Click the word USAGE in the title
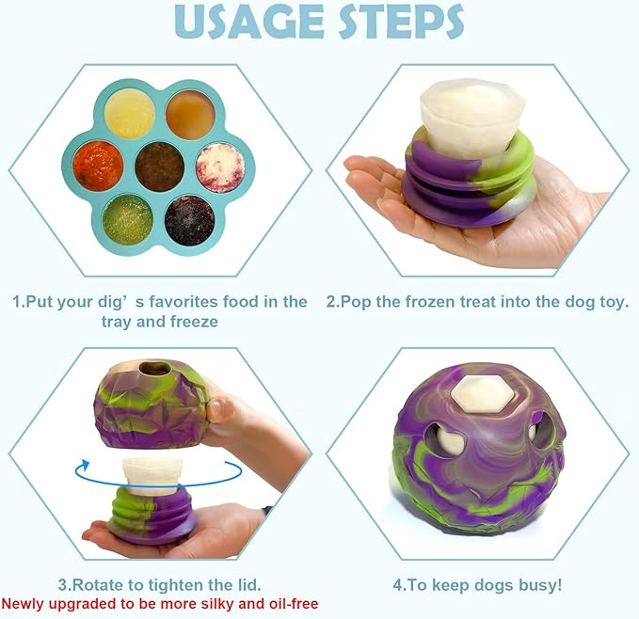coord(247,24)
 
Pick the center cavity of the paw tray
coord(159,167)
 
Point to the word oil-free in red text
coord(286,604)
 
